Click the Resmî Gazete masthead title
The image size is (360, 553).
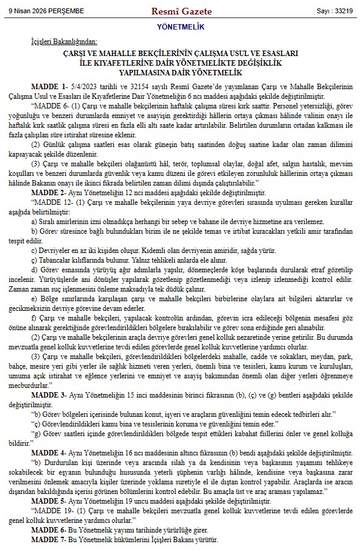point(179,11)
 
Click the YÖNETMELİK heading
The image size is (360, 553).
point(179,27)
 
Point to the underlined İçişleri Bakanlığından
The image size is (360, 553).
point(64,42)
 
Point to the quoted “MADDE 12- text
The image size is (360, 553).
point(54,200)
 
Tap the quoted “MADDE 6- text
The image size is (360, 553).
point(52,104)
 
